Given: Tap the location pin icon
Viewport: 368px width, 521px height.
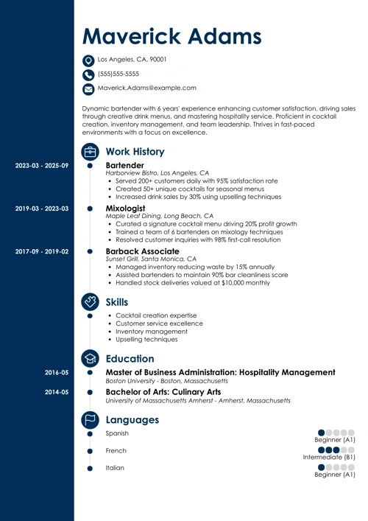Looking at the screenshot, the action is [89, 60].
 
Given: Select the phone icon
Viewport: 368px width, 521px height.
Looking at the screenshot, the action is [89, 74].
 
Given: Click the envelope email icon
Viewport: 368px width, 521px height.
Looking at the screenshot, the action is [89, 89].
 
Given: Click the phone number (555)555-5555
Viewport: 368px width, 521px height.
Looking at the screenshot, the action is [118, 74].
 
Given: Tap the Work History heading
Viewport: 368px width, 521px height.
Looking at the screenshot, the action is [141, 151].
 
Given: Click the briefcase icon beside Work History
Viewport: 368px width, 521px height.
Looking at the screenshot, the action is [90, 151].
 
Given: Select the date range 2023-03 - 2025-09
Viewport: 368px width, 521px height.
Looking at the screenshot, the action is [42, 166].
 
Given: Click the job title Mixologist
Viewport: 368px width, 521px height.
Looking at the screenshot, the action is [127, 209].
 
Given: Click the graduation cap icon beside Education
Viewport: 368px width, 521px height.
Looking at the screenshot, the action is [90, 359].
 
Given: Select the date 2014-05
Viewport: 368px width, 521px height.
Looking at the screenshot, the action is [56, 393].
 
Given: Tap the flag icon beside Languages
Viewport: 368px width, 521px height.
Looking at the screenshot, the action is [90, 420].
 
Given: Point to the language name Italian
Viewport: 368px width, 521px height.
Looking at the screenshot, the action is [116, 468].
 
